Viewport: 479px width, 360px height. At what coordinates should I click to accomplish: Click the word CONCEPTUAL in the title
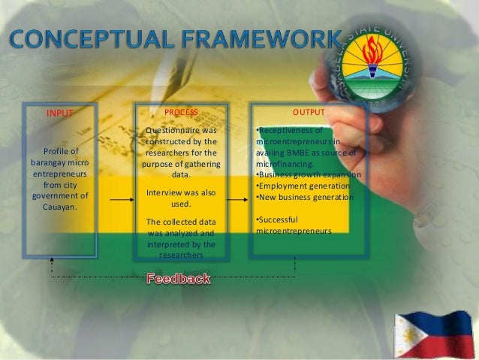[x=86, y=38]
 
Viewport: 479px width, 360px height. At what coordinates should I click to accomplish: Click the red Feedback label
[x=179, y=279]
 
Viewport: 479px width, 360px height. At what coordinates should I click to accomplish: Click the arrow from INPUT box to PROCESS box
[x=120, y=200]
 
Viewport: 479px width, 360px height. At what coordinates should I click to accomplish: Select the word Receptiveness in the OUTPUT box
[x=286, y=130]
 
